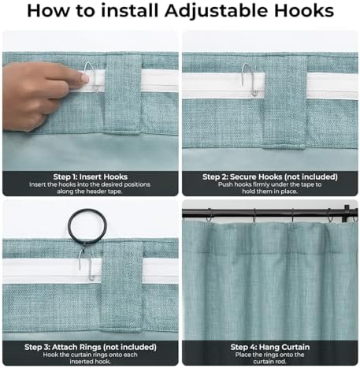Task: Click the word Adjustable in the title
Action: [217, 11]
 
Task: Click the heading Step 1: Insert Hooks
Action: [91, 177]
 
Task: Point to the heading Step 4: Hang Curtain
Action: [270, 347]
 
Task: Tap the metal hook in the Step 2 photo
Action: [250, 79]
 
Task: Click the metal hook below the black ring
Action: [86, 264]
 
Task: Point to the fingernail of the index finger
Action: [85, 78]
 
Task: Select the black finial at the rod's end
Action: [347, 214]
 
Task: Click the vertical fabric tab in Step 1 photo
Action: [123, 95]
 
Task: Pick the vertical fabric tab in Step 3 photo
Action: [122, 286]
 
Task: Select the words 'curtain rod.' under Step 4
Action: [269, 362]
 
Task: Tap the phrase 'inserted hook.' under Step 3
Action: [90, 362]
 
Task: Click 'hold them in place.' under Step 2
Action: [269, 191]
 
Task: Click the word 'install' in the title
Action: [130, 11]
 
